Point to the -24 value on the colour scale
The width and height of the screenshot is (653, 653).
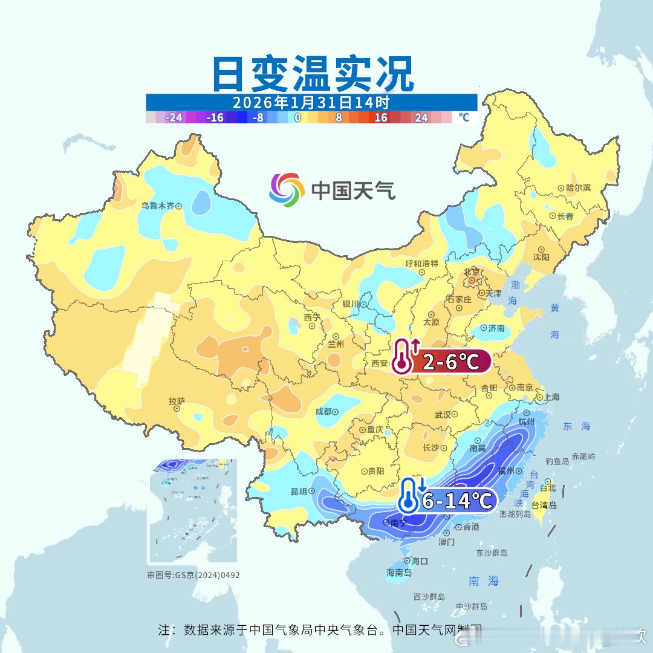174,118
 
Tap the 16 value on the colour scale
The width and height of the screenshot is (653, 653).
380,118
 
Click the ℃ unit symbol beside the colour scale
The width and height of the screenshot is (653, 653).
464,117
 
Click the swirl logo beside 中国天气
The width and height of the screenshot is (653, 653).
286,189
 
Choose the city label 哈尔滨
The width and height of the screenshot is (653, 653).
579,188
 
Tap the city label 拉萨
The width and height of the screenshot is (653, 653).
177,401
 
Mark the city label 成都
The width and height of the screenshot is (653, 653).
323,412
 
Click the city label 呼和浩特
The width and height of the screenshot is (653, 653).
421,264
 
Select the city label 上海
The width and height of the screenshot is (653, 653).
551,397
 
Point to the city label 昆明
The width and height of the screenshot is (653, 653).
299,491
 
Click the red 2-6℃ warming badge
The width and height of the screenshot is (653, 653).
449,362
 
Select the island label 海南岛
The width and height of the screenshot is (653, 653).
399,573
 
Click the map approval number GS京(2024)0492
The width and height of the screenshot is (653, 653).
193,575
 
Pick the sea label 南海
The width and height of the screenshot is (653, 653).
484,581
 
